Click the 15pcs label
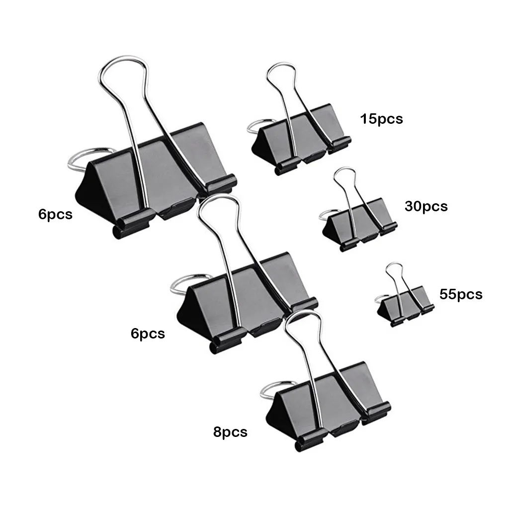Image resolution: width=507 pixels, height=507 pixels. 381,119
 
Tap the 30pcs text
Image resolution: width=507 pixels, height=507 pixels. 426,206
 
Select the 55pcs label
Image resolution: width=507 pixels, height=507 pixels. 461,294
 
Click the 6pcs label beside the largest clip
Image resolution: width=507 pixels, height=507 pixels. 55,215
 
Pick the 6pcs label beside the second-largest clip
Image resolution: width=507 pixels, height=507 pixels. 148,333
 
